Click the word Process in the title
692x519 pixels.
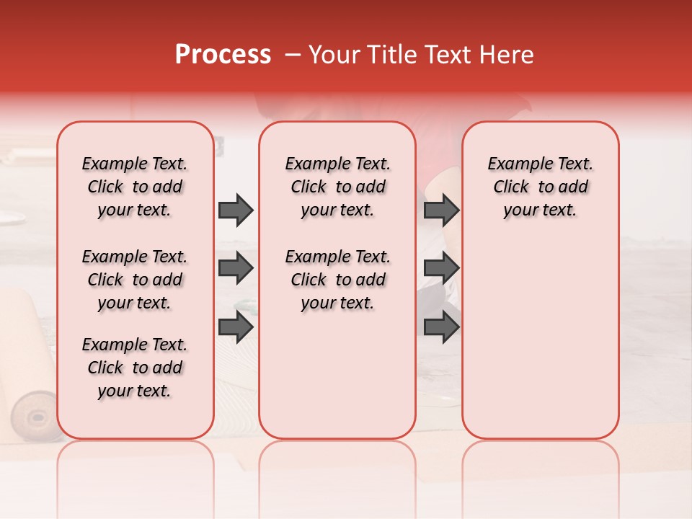pyautogui.click(x=222, y=55)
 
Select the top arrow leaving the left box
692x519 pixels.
pyautogui.click(x=236, y=210)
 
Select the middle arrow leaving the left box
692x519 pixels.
pyautogui.click(x=236, y=269)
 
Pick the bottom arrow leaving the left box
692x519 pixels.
pyautogui.click(x=236, y=328)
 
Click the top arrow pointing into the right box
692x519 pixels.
pyautogui.click(x=441, y=210)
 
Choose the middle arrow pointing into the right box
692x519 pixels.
pyautogui.click(x=441, y=269)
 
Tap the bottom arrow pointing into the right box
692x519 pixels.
pyautogui.click(x=441, y=328)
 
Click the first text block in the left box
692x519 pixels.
pyautogui.click(x=135, y=187)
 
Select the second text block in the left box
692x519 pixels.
pyautogui.click(x=135, y=280)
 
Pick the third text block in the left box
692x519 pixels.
pyautogui.click(x=135, y=368)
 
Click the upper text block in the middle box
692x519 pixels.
pyautogui.click(x=337, y=187)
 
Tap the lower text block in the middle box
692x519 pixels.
pyautogui.click(x=337, y=280)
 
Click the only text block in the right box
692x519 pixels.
pyautogui.click(x=540, y=187)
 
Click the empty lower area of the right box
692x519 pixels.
pyautogui.click(x=540, y=339)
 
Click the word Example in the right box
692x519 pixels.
pyautogui.click(x=514, y=164)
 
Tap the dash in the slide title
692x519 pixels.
pyautogui.click(x=292, y=55)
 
